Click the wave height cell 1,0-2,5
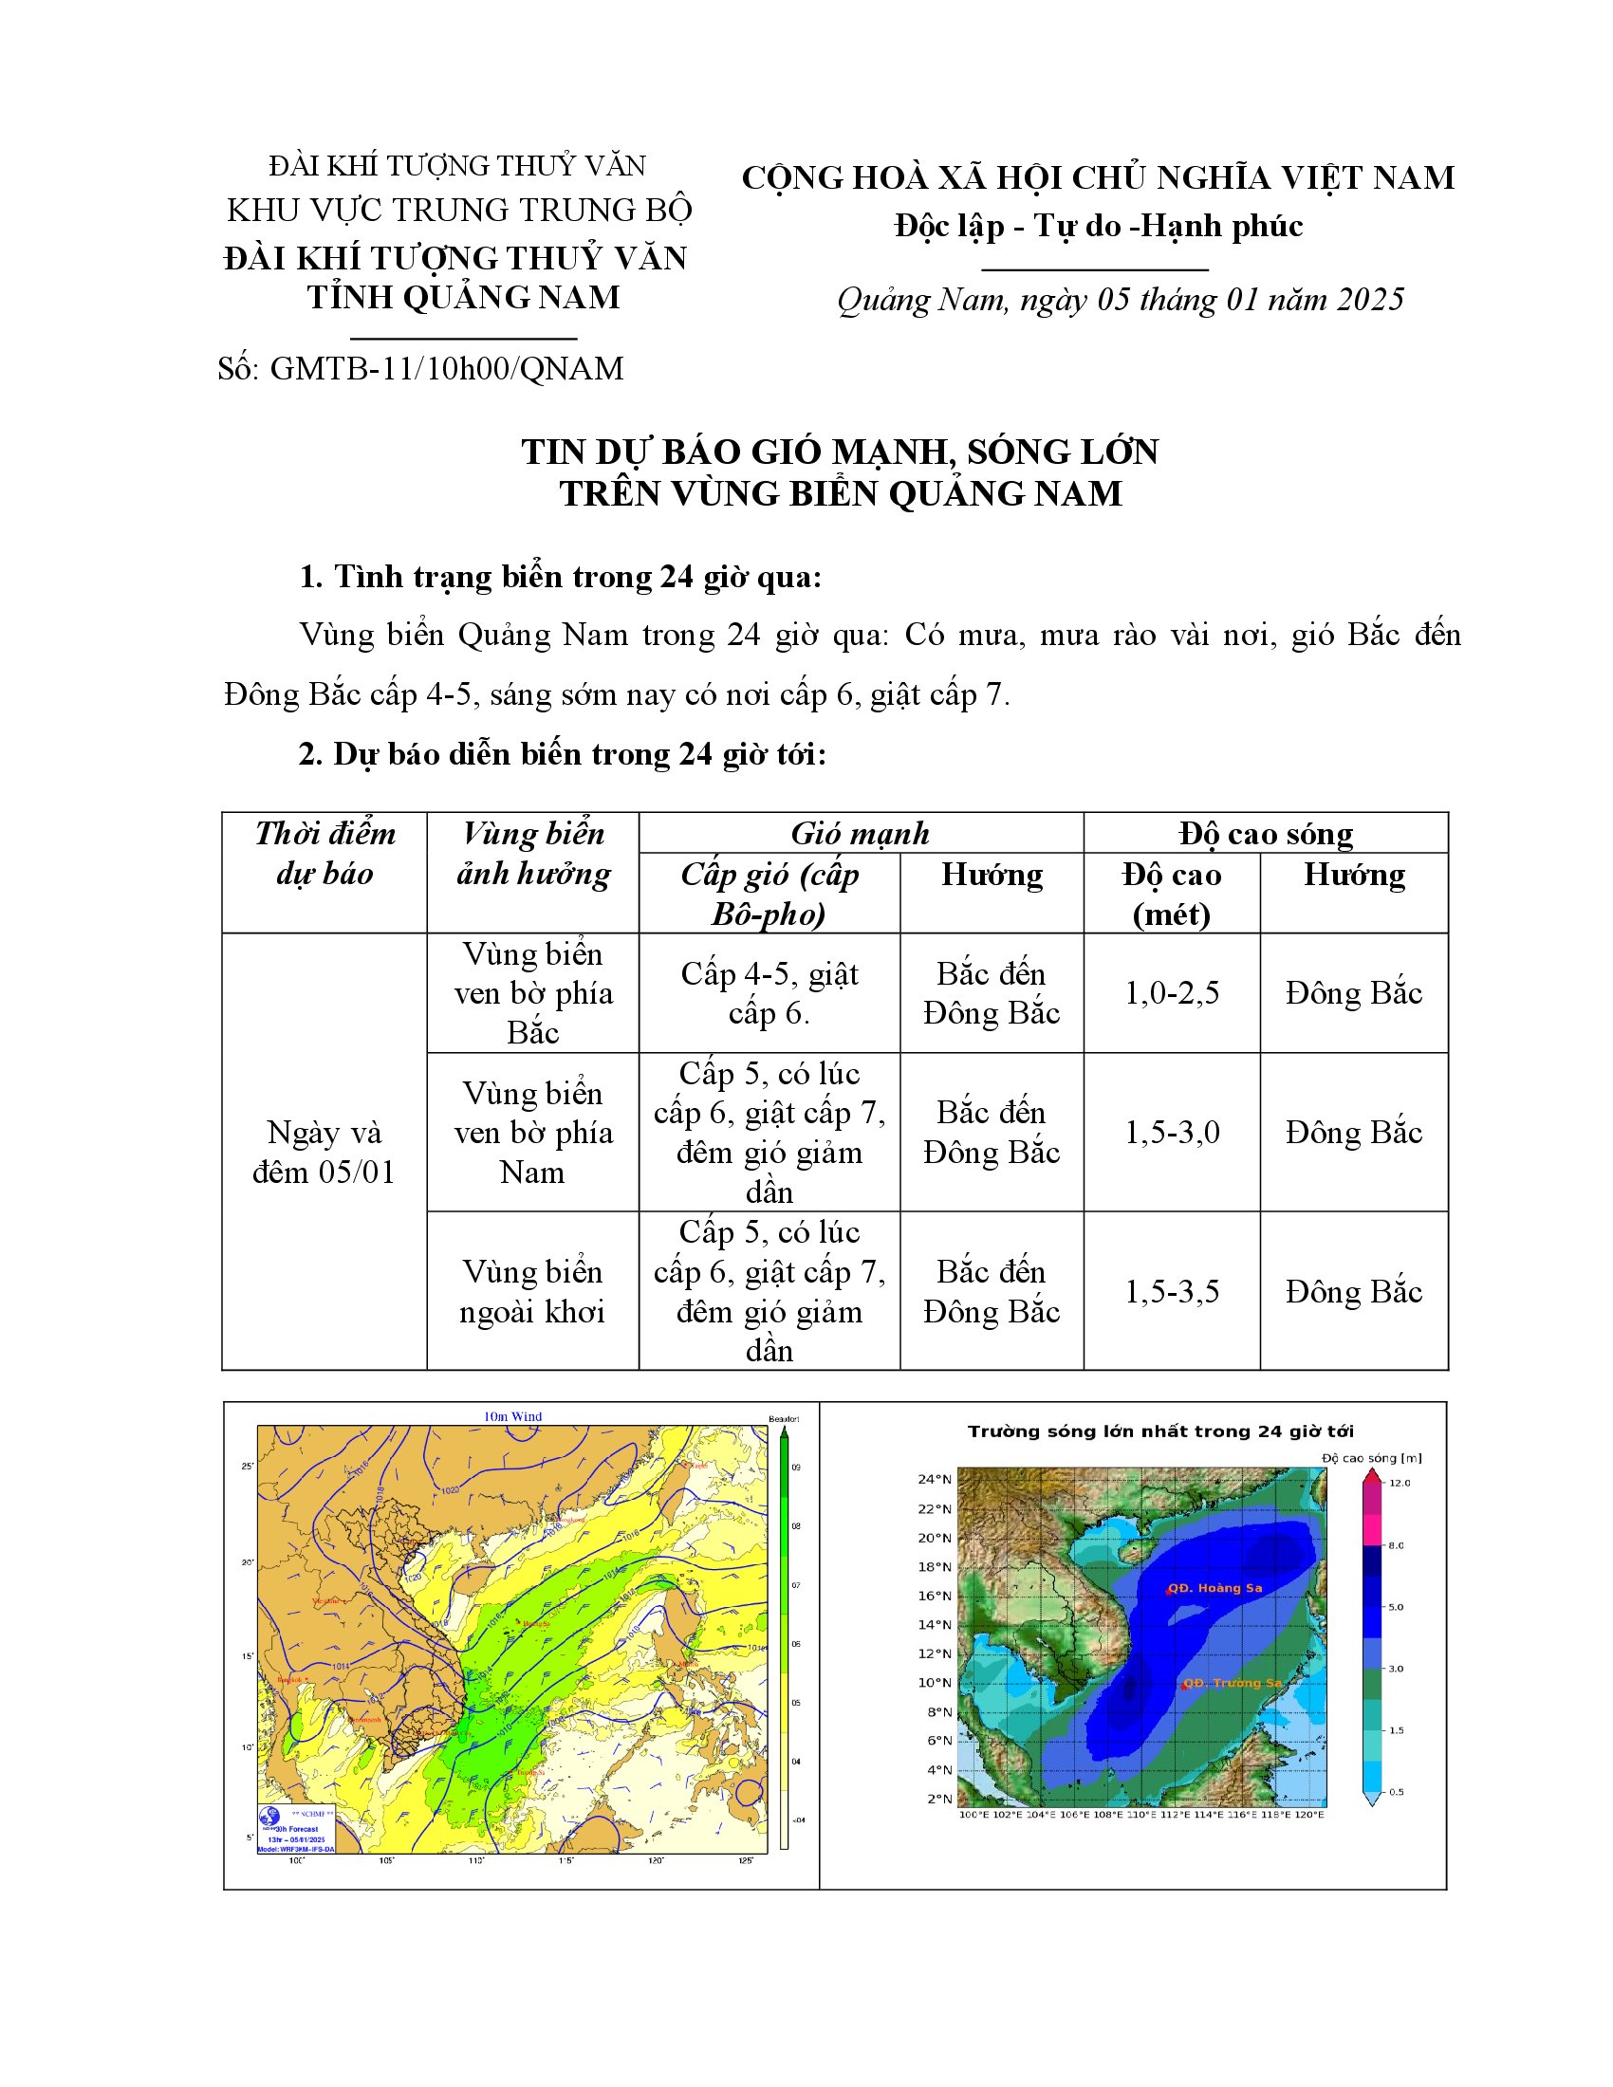click(1172, 993)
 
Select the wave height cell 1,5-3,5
click(1172, 1291)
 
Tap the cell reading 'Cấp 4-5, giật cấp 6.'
click(769, 993)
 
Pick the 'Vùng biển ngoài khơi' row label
click(532, 1291)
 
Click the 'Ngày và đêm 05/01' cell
click(324, 1152)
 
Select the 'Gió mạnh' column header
click(860, 833)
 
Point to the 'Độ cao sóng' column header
click(1265, 833)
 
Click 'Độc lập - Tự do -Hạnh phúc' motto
click(1098, 227)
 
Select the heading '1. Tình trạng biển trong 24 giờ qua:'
click(560, 577)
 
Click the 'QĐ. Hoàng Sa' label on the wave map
click(1214, 1588)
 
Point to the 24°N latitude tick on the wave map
click(935, 1479)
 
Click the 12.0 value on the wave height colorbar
click(1400, 1483)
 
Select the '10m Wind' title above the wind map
click(513, 1417)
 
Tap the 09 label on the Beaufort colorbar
click(796, 1468)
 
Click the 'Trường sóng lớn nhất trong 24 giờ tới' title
click(1160, 1431)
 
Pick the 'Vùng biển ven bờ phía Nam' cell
click(532, 1133)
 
